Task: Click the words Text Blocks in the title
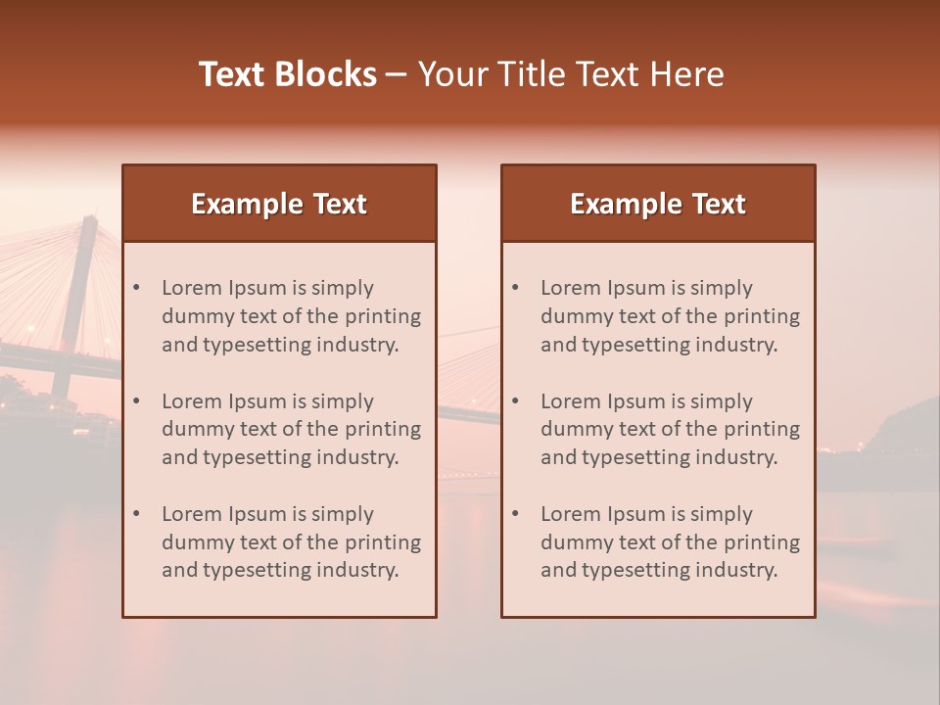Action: tap(287, 74)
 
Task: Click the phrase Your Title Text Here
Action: tap(571, 74)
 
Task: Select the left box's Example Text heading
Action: tap(279, 204)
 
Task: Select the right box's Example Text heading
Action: tap(658, 204)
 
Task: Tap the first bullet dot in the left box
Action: tap(137, 288)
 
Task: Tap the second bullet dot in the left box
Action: tap(137, 401)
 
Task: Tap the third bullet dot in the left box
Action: tap(137, 514)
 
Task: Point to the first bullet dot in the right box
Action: tap(516, 288)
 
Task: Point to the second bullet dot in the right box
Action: tap(516, 401)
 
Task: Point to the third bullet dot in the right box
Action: tap(516, 514)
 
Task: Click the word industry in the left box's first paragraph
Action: tap(362, 345)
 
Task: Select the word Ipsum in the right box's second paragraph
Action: tap(635, 401)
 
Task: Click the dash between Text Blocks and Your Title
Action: tap(397, 74)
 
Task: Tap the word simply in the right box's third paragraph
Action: tap(722, 514)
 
